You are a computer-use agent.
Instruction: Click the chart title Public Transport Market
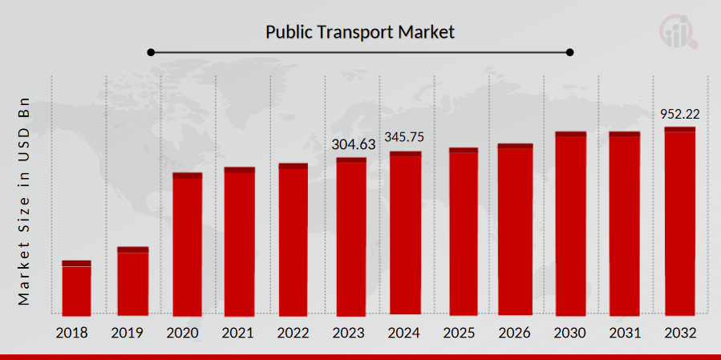pos(360,32)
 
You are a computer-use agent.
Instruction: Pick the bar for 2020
pos(187,244)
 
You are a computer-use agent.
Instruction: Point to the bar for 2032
pos(679,220)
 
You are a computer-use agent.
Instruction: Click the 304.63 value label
pos(354,144)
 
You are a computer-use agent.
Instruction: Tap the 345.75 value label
pos(404,137)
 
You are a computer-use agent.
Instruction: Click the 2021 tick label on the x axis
pos(240,332)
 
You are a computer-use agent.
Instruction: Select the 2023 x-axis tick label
pos(348,332)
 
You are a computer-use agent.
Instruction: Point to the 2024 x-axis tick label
pos(404,332)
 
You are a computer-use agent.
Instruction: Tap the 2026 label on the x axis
pos(514,332)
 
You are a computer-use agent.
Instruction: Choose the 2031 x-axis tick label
pos(624,332)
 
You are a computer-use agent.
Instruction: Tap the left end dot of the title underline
pos(151,52)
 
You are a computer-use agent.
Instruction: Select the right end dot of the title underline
pos(570,52)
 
